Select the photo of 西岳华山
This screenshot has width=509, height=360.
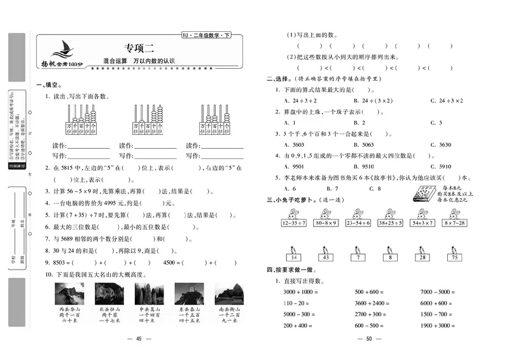pos(69,294)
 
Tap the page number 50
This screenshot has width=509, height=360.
pos(368,339)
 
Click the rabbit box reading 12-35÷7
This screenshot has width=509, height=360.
pos(292,223)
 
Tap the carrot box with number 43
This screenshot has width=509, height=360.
pos(326,256)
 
